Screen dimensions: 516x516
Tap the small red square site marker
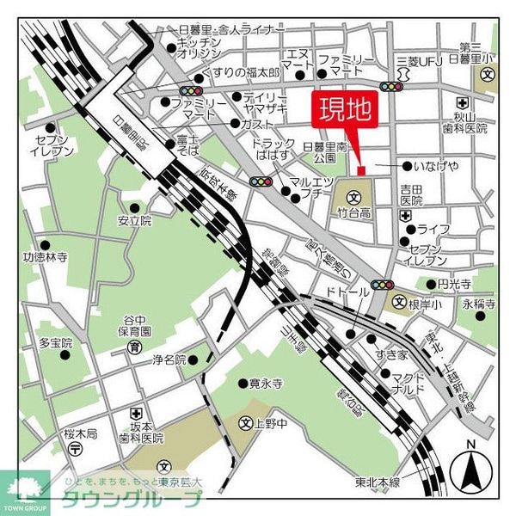361,169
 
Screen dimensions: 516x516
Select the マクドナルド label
416,383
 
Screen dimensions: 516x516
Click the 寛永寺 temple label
265,384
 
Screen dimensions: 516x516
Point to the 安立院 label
135,220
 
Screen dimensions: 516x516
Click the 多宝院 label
55,342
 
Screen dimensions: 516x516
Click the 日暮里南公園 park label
324,152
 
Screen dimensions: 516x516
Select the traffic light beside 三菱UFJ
393,86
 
